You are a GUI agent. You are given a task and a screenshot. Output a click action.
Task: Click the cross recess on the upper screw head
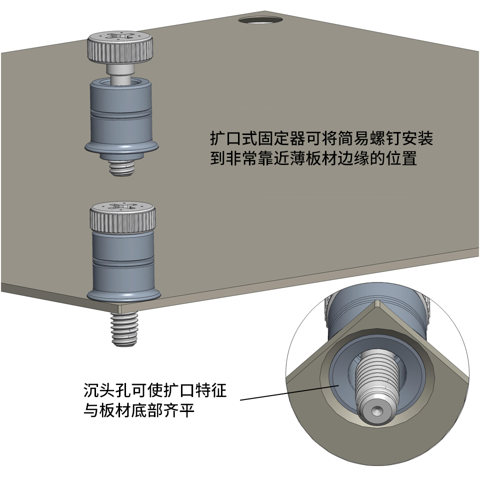pyautogui.click(x=120, y=36)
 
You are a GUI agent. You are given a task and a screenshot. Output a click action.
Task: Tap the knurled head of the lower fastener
pyautogui.click(x=122, y=216)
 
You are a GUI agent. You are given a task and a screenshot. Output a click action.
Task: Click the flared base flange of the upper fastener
pyautogui.click(x=122, y=148)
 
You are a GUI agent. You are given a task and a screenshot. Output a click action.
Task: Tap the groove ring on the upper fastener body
pyautogui.click(x=121, y=114)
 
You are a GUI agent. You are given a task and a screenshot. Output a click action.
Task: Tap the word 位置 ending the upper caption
pyautogui.click(x=401, y=158)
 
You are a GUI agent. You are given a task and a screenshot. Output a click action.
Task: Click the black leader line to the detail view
pyautogui.click(x=289, y=392)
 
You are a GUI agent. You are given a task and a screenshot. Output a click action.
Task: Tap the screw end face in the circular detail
pyautogui.click(x=376, y=411)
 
